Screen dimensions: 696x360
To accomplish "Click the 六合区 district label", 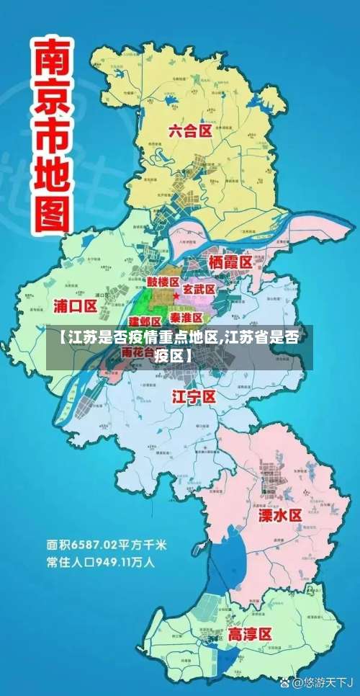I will [x=190, y=131].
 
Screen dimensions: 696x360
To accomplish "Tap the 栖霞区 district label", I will [x=230, y=262].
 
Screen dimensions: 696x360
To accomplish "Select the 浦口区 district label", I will [x=75, y=305].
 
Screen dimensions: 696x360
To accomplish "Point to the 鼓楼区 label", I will [x=163, y=281].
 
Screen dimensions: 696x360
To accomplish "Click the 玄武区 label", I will [x=199, y=289].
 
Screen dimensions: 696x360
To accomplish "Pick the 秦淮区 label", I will [x=186, y=317].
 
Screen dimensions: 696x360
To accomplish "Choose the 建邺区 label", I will [x=145, y=321].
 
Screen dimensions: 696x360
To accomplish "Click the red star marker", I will [x=176, y=296].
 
